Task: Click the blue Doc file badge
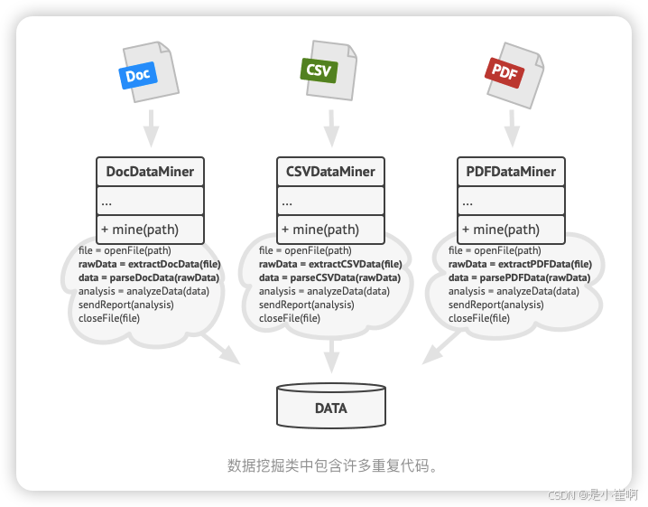point(137,76)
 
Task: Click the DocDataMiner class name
point(150,172)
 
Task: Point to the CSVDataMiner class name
point(330,172)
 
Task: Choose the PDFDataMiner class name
point(511,172)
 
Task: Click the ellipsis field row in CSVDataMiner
point(330,201)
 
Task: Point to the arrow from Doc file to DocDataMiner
point(151,128)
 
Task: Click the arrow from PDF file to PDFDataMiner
point(512,128)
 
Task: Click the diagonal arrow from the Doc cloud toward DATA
point(221,350)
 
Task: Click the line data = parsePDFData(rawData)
point(519,277)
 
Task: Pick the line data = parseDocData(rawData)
point(149,277)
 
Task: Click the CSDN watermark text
point(592,494)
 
